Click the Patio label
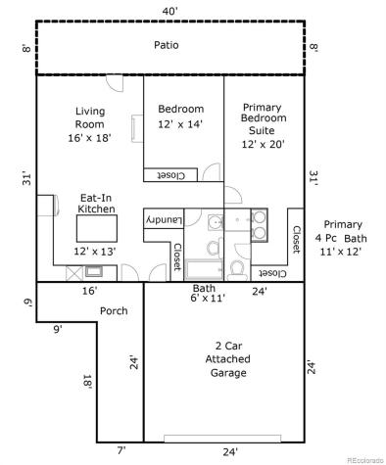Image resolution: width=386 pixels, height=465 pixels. click(x=167, y=46)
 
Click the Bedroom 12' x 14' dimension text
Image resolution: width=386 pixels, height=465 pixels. click(x=182, y=124)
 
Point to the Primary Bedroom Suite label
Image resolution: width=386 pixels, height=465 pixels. click(x=262, y=117)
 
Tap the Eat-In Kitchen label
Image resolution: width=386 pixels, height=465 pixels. click(x=97, y=203)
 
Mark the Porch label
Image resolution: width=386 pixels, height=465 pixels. click(x=114, y=311)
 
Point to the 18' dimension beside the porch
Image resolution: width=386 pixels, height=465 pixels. click(x=87, y=384)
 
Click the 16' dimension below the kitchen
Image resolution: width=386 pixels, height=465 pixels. click(x=89, y=291)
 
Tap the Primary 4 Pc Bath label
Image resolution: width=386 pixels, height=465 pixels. click(x=341, y=238)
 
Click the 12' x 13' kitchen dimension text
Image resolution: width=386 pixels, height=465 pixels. click(x=95, y=252)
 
